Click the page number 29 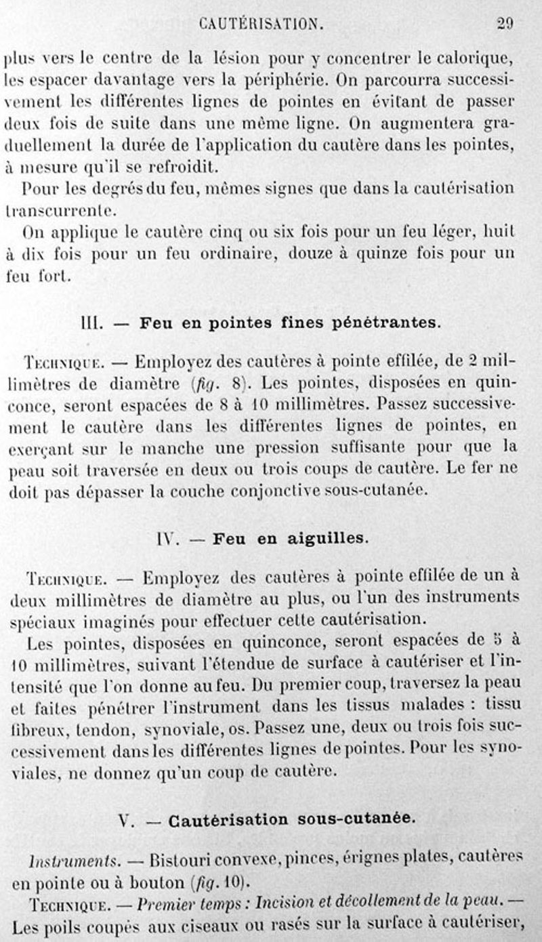coord(505,23)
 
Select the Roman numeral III coord(90,323)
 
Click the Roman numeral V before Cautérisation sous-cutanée coord(124,820)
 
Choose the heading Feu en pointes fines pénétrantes coord(290,323)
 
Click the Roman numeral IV coord(166,539)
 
